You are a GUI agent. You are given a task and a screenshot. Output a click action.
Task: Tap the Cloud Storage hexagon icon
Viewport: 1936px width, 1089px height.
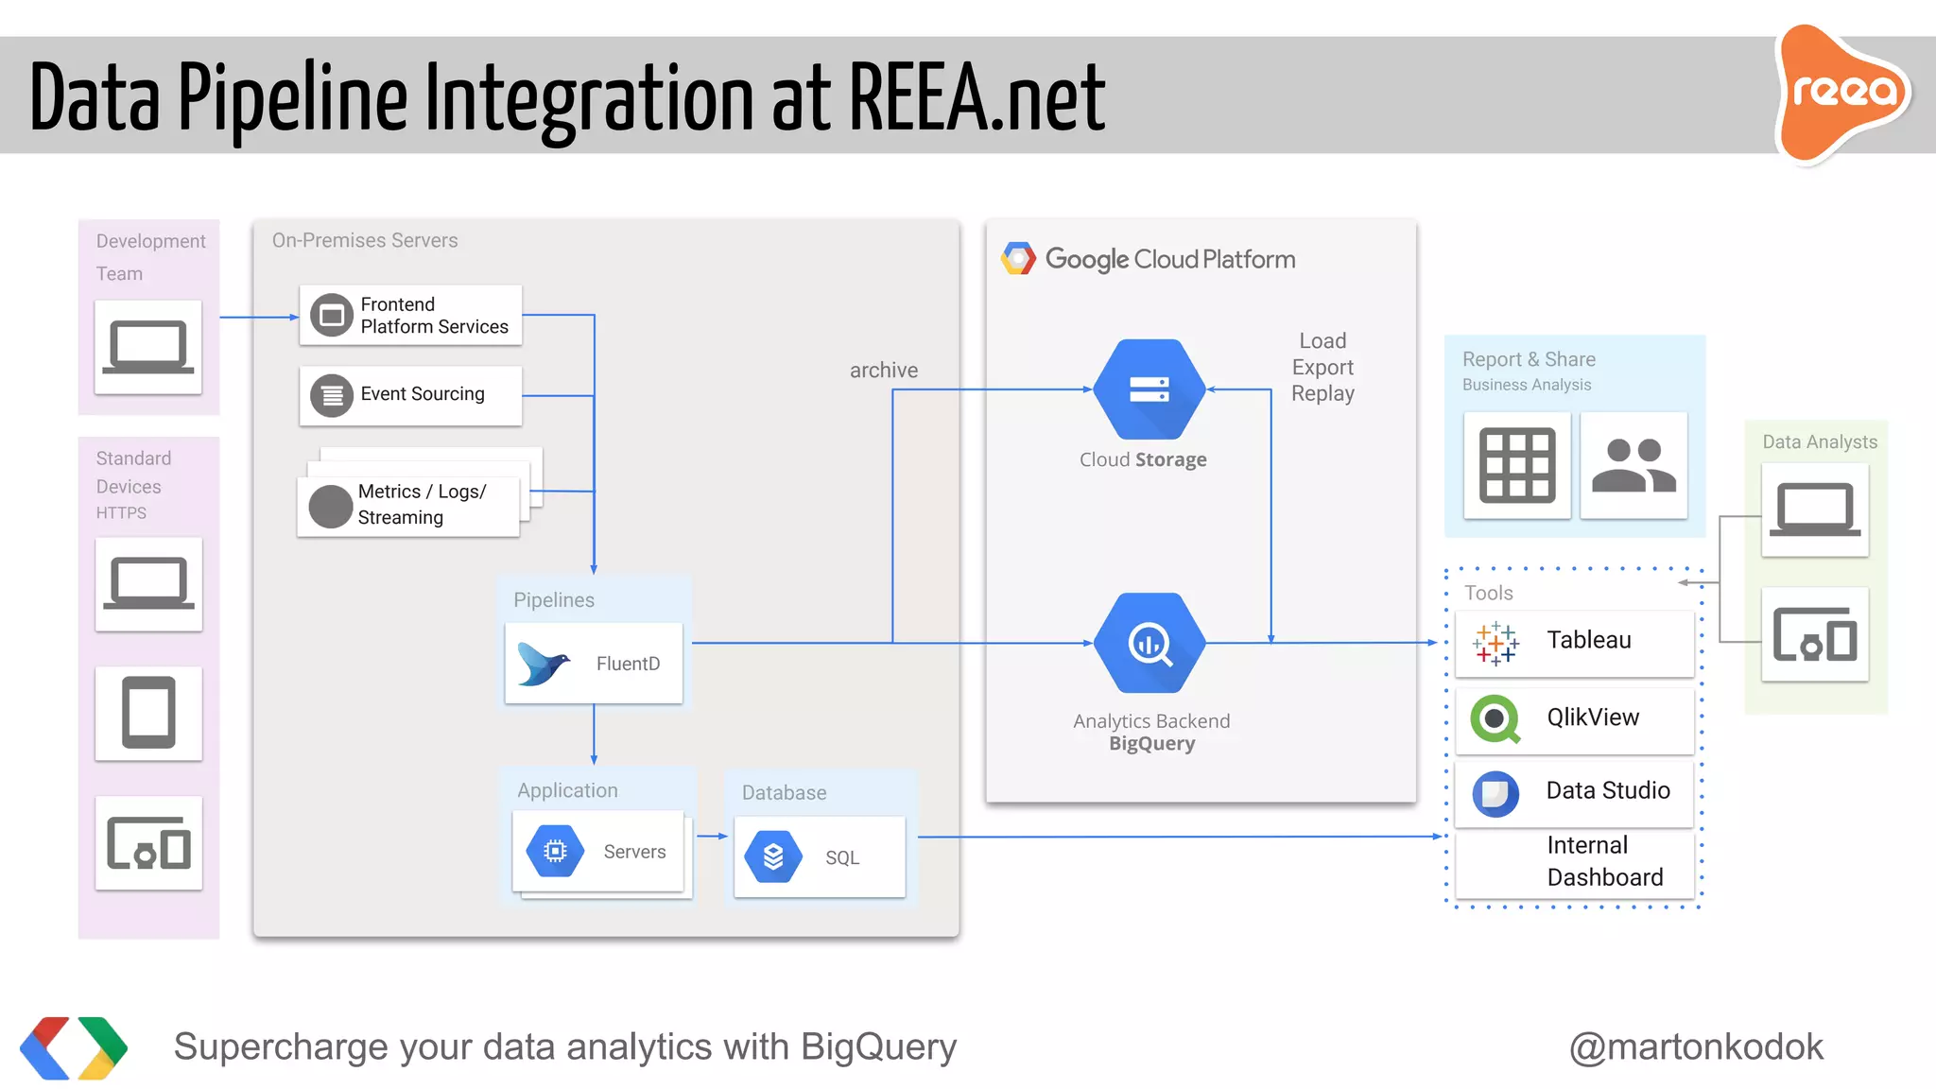(x=1149, y=389)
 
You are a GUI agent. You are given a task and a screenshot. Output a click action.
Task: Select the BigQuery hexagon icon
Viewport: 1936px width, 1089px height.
(x=1149, y=643)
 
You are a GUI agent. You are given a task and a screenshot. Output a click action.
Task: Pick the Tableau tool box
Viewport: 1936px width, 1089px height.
(x=1574, y=642)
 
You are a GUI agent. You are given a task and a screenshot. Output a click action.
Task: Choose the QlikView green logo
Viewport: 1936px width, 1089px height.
(x=1495, y=718)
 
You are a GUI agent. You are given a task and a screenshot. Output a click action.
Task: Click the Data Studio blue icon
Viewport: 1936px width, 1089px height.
(x=1495, y=793)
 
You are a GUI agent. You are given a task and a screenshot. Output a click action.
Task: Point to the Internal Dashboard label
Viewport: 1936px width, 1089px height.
(x=1604, y=861)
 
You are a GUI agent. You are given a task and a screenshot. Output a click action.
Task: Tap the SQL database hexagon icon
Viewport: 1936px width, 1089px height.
(x=773, y=856)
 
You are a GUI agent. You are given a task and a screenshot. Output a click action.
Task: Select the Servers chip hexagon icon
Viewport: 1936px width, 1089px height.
(x=556, y=851)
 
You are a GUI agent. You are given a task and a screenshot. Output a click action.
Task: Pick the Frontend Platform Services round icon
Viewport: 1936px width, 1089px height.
(x=332, y=316)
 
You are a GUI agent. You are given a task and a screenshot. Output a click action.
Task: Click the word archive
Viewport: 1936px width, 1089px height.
(x=883, y=371)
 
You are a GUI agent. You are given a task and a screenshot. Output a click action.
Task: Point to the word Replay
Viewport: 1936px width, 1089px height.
(x=1322, y=394)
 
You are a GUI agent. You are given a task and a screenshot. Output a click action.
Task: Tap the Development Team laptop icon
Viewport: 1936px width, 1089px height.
(x=148, y=347)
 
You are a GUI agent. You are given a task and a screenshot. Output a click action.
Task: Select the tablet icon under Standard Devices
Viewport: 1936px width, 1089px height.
(x=148, y=713)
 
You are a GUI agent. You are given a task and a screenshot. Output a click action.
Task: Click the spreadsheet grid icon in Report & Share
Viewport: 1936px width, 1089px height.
(x=1516, y=465)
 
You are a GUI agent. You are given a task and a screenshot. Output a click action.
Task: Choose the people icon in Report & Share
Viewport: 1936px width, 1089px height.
(x=1633, y=465)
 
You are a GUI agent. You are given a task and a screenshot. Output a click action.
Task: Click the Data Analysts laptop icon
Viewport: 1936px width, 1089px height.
(x=1815, y=510)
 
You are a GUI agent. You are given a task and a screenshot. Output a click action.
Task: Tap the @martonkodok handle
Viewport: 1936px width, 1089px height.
(x=1696, y=1046)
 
